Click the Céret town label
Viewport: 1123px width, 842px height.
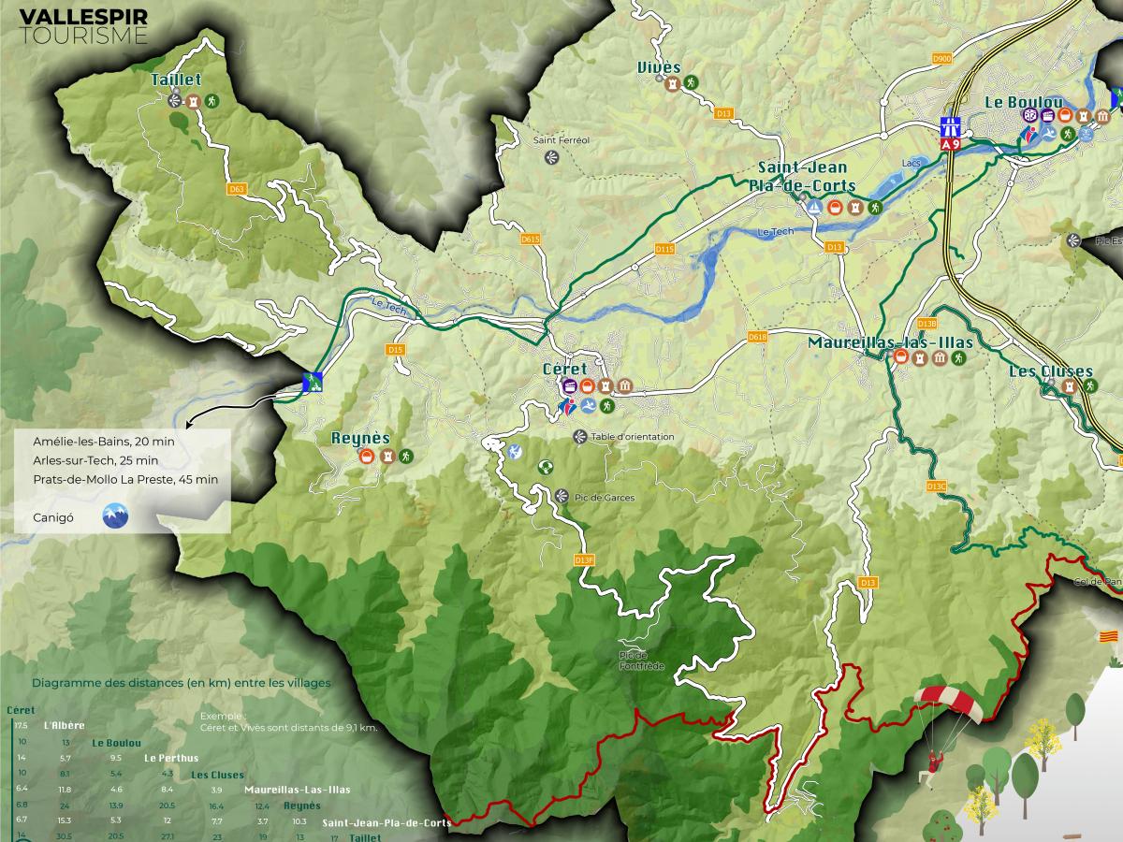pos(565,370)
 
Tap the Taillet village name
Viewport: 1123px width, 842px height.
pos(176,80)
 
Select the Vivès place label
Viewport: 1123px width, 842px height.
pos(659,66)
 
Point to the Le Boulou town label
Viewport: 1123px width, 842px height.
pos(1023,102)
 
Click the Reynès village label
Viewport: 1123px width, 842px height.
pos(359,438)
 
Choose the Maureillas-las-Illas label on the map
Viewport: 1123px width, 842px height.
pos(890,342)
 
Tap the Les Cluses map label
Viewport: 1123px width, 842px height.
pos(1051,371)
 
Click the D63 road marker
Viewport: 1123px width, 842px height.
pos(237,189)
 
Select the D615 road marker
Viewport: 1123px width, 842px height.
pos(531,240)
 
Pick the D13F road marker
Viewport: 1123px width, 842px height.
pos(584,559)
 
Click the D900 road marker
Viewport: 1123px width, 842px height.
pos(941,59)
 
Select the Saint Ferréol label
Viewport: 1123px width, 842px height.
pos(561,140)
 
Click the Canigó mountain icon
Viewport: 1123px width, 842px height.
pos(115,515)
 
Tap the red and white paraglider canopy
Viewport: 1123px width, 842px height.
pos(949,702)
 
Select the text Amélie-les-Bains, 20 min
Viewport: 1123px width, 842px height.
pos(103,441)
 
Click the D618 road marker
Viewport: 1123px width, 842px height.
pos(758,337)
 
